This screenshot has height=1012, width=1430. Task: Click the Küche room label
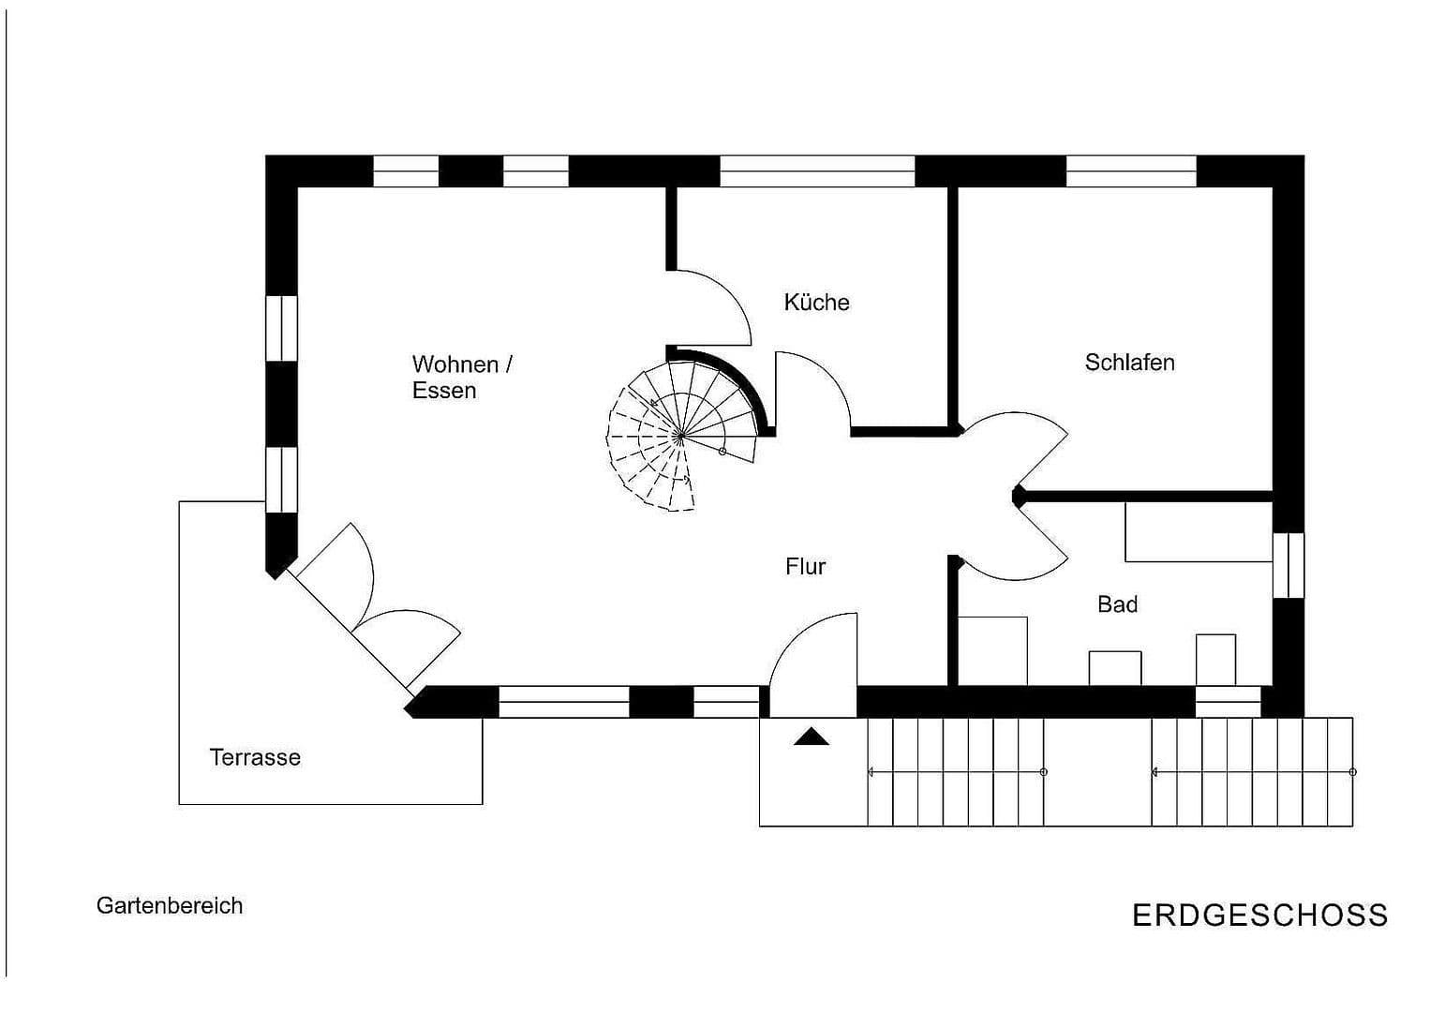816,303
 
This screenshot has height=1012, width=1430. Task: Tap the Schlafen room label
1129,363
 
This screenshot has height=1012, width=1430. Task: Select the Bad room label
1117,605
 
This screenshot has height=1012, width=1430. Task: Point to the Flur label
805,567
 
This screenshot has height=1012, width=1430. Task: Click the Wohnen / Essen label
461,377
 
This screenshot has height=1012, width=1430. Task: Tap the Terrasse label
255,757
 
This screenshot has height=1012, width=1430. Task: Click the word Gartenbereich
170,906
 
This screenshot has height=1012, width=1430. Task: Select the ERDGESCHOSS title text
1259,915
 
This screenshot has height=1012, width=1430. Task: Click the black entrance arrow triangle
811,737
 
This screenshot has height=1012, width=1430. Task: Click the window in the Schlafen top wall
1131,171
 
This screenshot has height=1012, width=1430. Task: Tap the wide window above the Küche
816,171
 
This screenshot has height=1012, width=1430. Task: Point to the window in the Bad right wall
1288,565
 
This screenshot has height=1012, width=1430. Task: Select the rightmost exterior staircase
1252,771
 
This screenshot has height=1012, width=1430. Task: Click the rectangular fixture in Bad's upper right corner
1198,532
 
